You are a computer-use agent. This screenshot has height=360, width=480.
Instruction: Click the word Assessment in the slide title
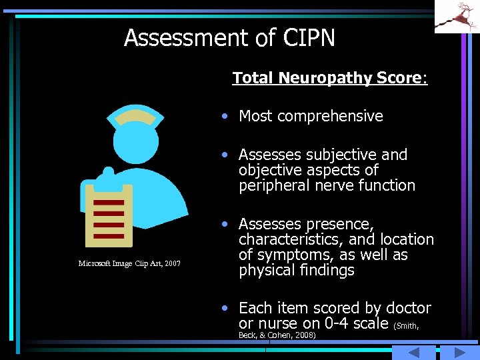(182, 38)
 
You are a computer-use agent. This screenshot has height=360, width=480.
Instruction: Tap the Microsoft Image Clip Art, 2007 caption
(129, 264)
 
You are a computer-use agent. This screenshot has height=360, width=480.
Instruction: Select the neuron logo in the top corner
(457, 17)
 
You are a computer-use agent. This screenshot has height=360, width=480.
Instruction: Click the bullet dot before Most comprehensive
(227, 116)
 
